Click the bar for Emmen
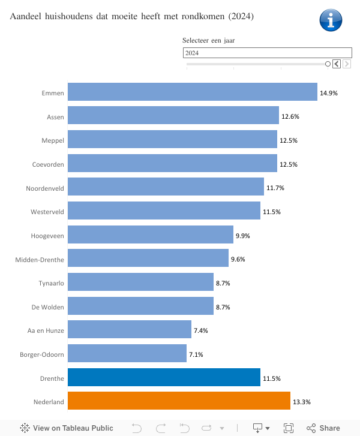pos(192,92)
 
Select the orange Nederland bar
pos(179,401)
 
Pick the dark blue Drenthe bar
pos(164,378)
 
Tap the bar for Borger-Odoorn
pos(127,354)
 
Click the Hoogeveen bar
pos(150,235)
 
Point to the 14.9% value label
pos(329,93)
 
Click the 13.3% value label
pos(301,402)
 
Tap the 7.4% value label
pos(202,330)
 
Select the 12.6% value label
pos(290,116)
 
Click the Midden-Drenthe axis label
pos(40,259)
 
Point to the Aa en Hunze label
pos(46,330)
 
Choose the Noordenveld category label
pos(45,188)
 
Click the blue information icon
pos(331,20)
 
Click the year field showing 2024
pos(267,53)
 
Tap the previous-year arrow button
pos(337,64)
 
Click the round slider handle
pos(328,64)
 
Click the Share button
pos(323,428)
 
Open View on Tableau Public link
pos(67,428)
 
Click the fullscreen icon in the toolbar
pos(289,428)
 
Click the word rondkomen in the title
pos(200,17)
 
